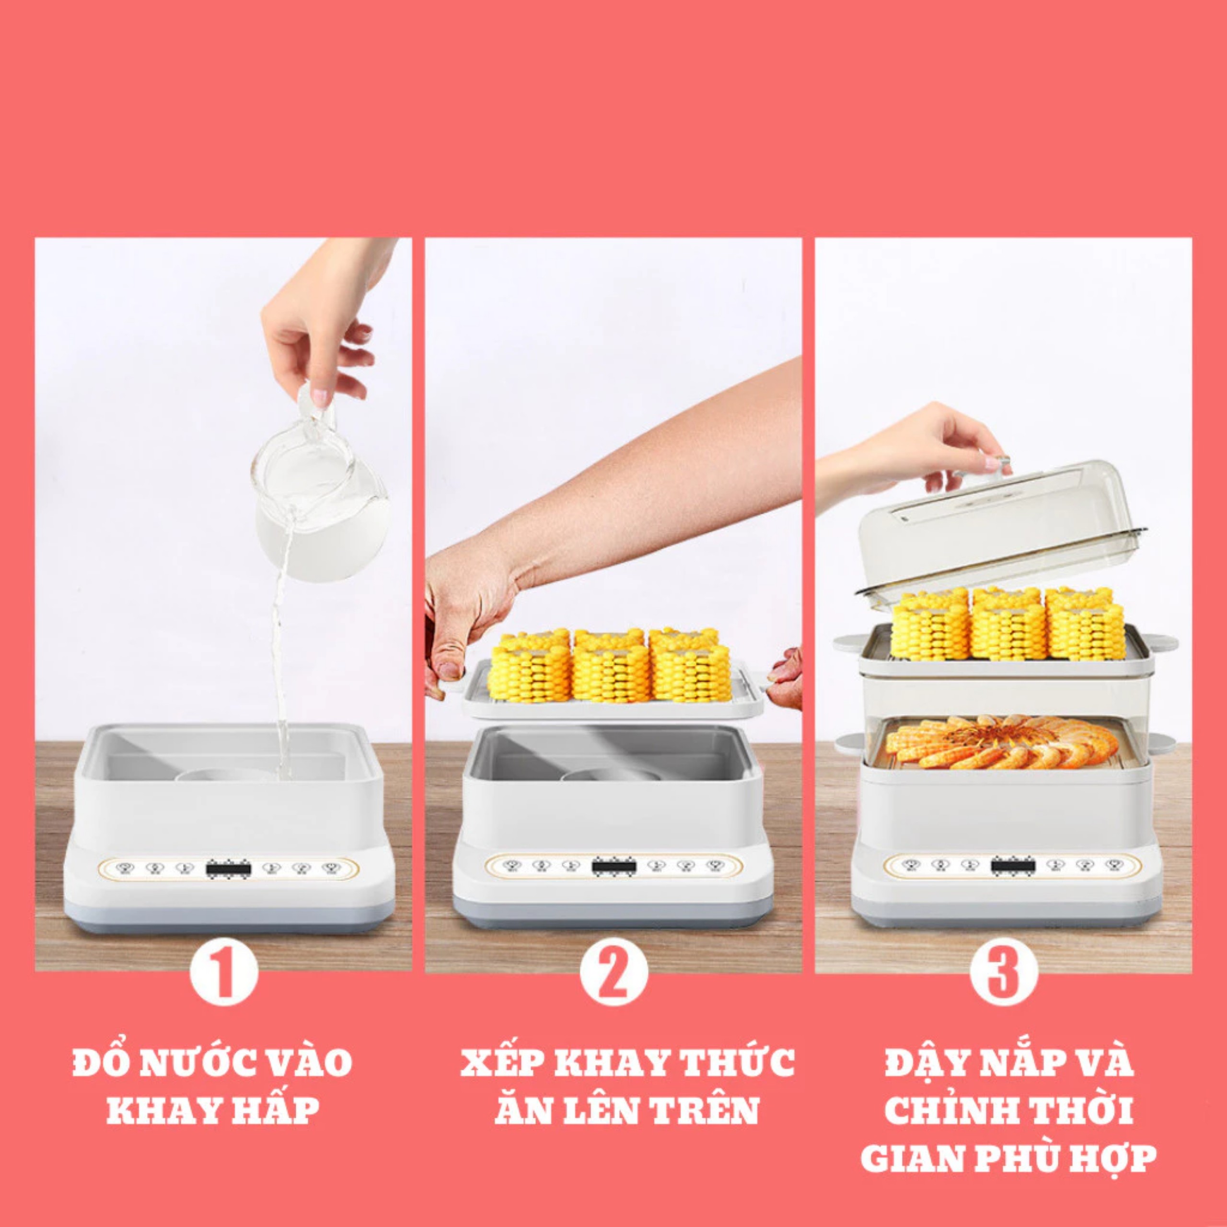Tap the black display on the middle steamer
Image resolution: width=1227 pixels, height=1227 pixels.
coord(614,866)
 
